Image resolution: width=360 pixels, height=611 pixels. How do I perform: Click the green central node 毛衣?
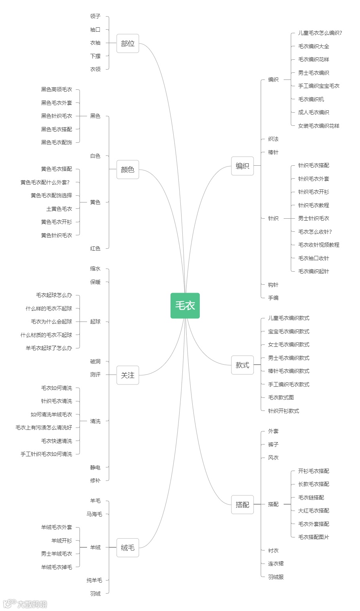(185, 305)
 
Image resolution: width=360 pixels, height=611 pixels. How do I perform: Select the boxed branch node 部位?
(128, 44)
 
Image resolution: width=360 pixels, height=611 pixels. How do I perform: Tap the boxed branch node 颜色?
(128, 170)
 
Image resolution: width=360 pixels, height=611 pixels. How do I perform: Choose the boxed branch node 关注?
(128, 375)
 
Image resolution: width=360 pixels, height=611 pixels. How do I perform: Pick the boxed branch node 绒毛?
(128, 547)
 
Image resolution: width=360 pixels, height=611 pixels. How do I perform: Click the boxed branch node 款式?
(242, 365)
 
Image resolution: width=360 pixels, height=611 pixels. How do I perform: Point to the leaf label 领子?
(95, 16)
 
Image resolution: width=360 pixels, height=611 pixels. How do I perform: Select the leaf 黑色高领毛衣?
(57, 90)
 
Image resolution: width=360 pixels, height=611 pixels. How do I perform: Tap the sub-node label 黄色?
(95, 202)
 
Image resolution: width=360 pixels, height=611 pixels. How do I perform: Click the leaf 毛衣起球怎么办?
(54, 295)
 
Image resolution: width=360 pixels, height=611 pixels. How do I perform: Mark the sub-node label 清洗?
(95, 421)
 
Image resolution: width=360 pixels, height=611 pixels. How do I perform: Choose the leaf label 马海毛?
(95, 514)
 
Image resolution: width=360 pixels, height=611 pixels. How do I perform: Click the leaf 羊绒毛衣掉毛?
(57, 567)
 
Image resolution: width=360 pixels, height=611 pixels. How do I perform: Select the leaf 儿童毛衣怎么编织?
(320, 33)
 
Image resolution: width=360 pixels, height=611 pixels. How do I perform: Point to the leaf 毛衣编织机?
(311, 99)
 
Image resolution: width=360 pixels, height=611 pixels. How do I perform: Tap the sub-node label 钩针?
(273, 285)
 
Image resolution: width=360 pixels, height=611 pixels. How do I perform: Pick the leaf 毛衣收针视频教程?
(318, 245)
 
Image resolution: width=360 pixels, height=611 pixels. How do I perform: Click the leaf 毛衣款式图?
(281, 397)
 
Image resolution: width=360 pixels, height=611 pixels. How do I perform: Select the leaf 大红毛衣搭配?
(313, 511)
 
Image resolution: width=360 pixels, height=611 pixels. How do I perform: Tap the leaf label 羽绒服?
(276, 577)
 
